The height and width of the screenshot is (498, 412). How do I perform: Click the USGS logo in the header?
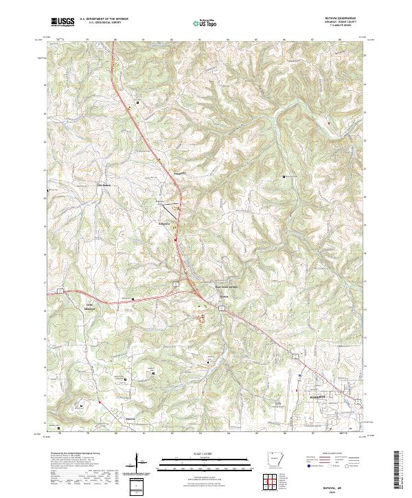pyautogui.click(x=62, y=22)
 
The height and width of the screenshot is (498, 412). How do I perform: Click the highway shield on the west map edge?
pyautogui.click(x=60, y=292)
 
